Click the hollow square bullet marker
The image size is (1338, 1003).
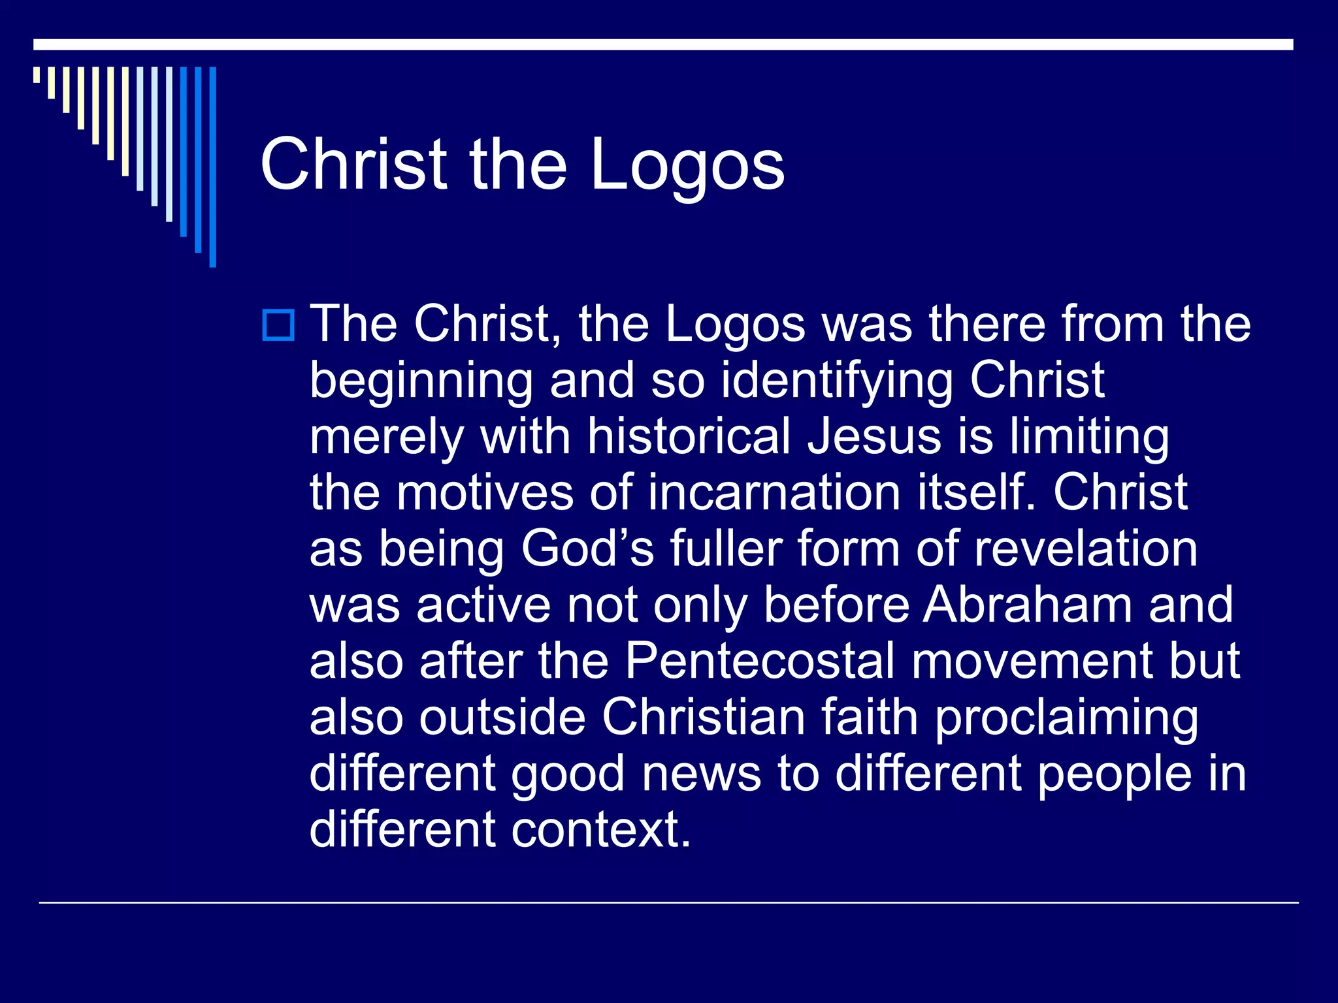pos(278,325)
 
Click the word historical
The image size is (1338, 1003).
pos(689,436)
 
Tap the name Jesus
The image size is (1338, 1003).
pos(874,436)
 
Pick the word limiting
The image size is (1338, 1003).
pos(1088,436)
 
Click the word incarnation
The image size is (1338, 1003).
pos(775,492)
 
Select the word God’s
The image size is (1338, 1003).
pos(587,549)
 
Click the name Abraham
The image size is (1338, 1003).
pos(1027,605)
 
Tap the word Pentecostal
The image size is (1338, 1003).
pos(759,661)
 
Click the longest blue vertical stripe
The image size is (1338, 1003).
pos(212,167)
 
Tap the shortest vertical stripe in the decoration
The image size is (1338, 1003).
pos(37,74)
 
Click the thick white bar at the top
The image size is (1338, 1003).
pos(663,44)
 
